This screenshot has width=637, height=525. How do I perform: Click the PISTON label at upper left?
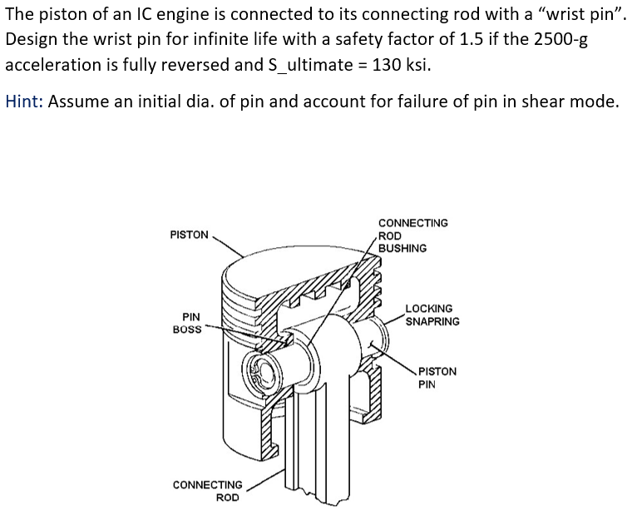coord(189,235)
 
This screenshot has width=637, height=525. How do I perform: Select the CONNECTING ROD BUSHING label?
coord(412,235)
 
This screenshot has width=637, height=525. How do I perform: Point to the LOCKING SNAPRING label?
coord(432,315)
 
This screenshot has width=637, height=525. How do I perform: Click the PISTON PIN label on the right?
coord(437,378)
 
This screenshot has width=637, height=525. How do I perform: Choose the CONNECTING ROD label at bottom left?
coord(208,491)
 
